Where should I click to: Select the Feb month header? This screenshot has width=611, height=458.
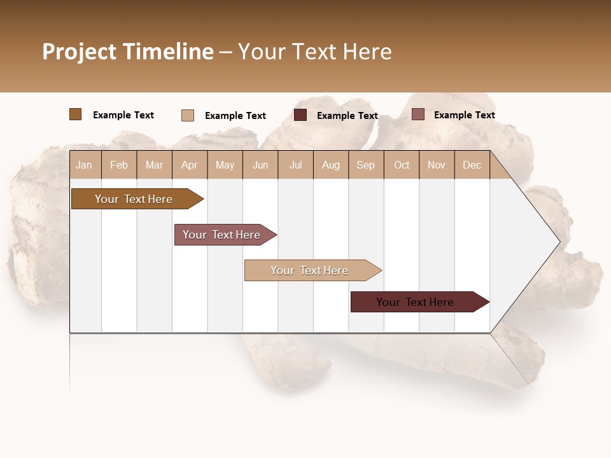(x=119, y=165)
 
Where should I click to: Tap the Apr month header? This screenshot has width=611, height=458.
(x=190, y=165)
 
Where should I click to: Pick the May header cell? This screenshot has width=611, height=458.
(x=225, y=165)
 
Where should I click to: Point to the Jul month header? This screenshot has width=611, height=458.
(x=295, y=165)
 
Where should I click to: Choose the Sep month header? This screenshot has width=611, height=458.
(x=366, y=165)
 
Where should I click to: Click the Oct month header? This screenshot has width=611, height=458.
(x=402, y=165)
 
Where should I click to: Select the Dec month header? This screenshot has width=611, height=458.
(x=472, y=165)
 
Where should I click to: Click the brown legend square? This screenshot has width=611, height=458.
(x=75, y=114)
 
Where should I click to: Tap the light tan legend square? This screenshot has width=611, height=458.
(x=187, y=115)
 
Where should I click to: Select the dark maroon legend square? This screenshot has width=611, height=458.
(x=300, y=115)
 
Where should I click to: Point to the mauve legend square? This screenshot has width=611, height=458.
(x=418, y=114)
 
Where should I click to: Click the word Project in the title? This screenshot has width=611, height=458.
(x=79, y=52)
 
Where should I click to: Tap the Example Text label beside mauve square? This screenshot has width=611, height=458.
(x=464, y=115)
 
